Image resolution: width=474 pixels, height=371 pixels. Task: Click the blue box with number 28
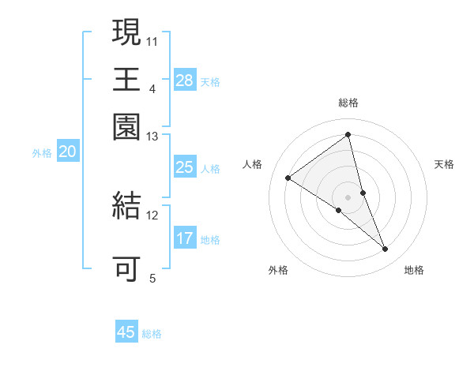(185, 81)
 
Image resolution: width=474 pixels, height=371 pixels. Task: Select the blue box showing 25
(185, 167)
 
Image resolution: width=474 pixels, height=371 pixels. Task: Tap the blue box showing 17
(185, 238)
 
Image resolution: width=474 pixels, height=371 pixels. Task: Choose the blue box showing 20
(67, 152)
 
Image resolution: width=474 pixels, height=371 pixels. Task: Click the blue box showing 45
(126, 332)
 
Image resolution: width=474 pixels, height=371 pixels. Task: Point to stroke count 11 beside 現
(152, 40)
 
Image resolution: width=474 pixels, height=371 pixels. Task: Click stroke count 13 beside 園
(152, 137)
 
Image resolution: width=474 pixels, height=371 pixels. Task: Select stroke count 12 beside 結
(152, 215)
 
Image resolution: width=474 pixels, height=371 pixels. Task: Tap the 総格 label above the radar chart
(348, 103)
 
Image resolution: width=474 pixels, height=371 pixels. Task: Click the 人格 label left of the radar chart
(253, 164)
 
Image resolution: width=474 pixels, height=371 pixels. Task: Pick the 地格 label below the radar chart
(414, 271)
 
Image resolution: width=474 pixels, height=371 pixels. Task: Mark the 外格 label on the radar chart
(278, 271)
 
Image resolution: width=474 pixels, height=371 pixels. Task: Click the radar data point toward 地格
(386, 249)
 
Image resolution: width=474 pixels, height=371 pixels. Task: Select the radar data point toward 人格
(288, 178)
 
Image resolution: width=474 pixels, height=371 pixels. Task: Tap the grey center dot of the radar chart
(348, 197)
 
